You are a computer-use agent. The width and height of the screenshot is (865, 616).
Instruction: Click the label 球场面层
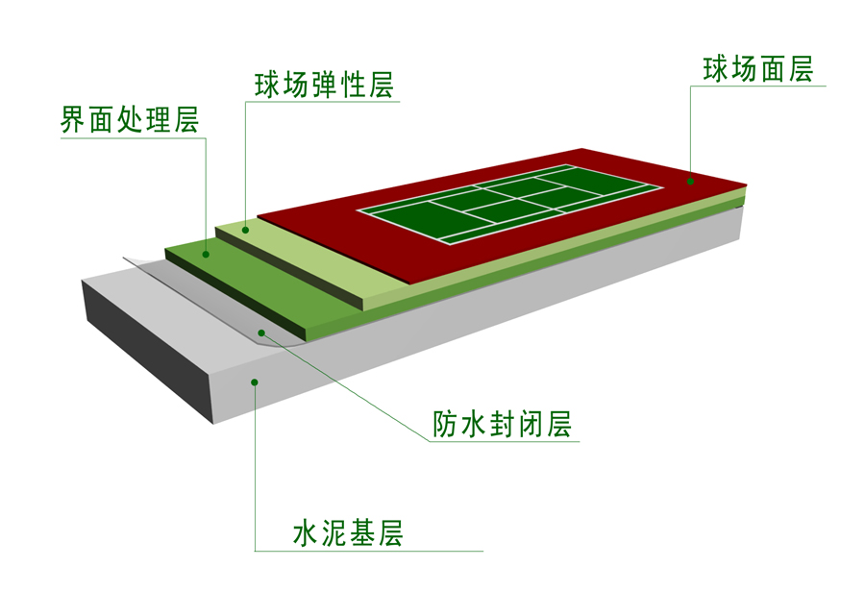point(758,69)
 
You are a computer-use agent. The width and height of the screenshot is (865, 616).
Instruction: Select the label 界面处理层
point(130,120)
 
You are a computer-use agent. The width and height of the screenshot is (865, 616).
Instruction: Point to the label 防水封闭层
point(502,424)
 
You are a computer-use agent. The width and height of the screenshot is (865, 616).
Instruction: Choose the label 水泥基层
point(348,533)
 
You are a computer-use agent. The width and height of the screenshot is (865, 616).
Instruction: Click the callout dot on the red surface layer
point(690,181)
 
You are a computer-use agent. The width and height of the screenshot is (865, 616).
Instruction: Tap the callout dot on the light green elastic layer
point(245,230)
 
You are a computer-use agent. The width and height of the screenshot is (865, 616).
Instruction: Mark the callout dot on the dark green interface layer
point(206,255)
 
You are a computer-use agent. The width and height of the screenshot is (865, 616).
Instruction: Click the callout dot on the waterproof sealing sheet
point(261,333)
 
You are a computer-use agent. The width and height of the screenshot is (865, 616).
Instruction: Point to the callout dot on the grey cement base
point(255,382)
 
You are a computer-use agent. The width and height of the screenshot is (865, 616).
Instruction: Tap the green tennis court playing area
point(509,204)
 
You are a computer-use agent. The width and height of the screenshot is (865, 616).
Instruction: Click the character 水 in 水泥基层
point(307,533)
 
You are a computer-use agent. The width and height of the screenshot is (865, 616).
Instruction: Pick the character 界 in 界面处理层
point(73,120)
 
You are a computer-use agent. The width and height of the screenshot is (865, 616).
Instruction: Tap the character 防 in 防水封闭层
point(445,424)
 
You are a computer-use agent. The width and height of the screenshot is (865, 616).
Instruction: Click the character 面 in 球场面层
point(772,69)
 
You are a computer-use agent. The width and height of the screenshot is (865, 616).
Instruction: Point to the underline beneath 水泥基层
point(368,551)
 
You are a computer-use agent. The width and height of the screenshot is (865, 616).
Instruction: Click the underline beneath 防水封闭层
point(505,441)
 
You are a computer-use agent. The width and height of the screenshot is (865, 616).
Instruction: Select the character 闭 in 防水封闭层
point(531,424)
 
